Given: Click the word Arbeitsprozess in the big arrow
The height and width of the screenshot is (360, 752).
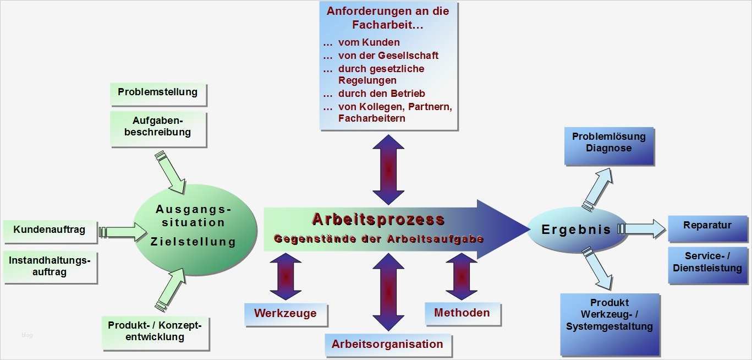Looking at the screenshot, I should pyautogui.click(x=378, y=219).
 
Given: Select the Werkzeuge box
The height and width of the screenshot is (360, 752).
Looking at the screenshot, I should pyautogui.click(x=285, y=313).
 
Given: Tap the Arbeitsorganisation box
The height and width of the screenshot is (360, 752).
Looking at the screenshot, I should pyautogui.click(x=387, y=345).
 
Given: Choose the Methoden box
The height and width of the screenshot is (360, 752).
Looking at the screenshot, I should pyautogui.click(x=462, y=313).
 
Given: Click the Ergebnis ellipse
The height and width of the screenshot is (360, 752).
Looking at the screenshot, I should pyautogui.click(x=576, y=230).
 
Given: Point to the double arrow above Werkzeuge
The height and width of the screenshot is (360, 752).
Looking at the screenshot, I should pyautogui.click(x=286, y=276).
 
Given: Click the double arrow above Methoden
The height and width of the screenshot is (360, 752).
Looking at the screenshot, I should pyautogui.click(x=462, y=276).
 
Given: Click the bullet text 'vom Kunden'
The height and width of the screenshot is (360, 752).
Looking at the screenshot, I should pyautogui.click(x=369, y=42).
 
